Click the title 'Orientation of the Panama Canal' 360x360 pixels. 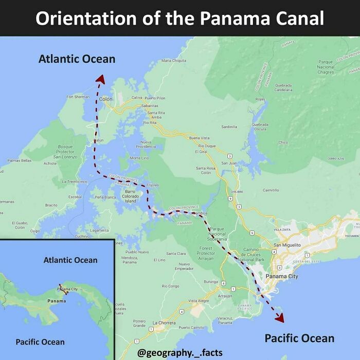pyautogui.click(x=180, y=19)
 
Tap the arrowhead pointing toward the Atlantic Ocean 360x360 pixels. pyautogui.click(x=100, y=78)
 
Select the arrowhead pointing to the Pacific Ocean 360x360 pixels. pyautogui.click(x=279, y=318)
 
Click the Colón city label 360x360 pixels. pyautogui.click(x=105, y=99)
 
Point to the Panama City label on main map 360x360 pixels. pyautogui.click(x=282, y=277)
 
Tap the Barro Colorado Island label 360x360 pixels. pyautogui.click(x=130, y=196)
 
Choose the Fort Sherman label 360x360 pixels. pyautogui.click(x=78, y=97)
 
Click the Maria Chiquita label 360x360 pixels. pyautogui.click(x=174, y=61)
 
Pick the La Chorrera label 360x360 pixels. pyautogui.click(x=164, y=322)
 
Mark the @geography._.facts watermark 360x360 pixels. pyautogui.click(x=180, y=353)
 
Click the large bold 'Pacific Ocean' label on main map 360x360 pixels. pyautogui.click(x=299, y=338)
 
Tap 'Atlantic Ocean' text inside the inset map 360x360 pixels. pyautogui.click(x=70, y=260)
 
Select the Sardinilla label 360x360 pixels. pyautogui.click(x=229, y=126)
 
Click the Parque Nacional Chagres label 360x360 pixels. pyautogui.click(x=326, y=67)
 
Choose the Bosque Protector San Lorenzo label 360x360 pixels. pyautogui.click(x=65, y=152)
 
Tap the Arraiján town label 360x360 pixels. pyautogui.click(x=225, y=296)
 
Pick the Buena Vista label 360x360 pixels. pyautogui.click(x=200, y=138)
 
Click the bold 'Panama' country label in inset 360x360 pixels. pyautogui.click(x=57, y=300)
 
